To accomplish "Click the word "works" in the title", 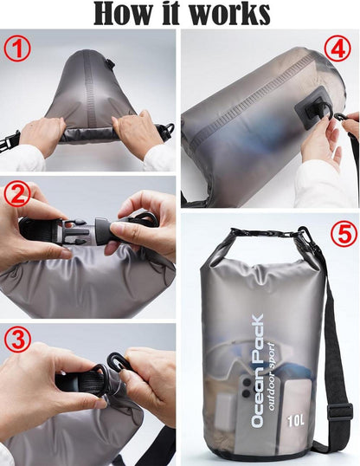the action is (x=229, y=14).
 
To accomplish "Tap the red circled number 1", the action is (x=17, y=50).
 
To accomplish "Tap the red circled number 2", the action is (x=17, y=194).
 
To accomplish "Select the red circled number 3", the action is (x=17, y=340).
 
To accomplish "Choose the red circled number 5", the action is (x=344, y=235).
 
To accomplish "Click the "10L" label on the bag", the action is (x=296, y=420).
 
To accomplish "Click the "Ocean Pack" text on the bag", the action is (x=257, y=371).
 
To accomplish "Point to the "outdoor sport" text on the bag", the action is (x=271, y=377).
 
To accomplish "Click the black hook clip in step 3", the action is (x=117, y=362).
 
